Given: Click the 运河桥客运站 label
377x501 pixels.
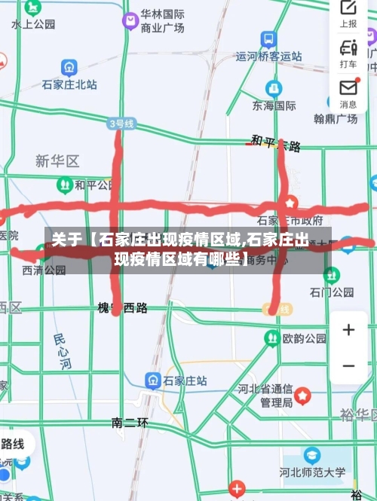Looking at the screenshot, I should point(269,56).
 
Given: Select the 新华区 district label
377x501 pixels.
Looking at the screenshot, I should point(57,161).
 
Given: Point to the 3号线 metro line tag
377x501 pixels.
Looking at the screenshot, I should point(121,123).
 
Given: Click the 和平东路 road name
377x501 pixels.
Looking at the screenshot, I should point(276,143).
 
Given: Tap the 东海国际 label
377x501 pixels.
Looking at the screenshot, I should point(274,105).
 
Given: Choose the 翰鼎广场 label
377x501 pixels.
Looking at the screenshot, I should point(336,119).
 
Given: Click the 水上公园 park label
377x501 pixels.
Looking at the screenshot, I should point(33,25).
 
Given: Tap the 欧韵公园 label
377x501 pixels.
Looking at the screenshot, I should point(305,339).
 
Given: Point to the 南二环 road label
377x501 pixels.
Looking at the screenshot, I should point(130,423).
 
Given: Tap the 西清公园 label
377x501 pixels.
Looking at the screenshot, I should point(43,270).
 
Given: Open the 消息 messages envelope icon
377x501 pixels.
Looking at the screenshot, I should point(348,90).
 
